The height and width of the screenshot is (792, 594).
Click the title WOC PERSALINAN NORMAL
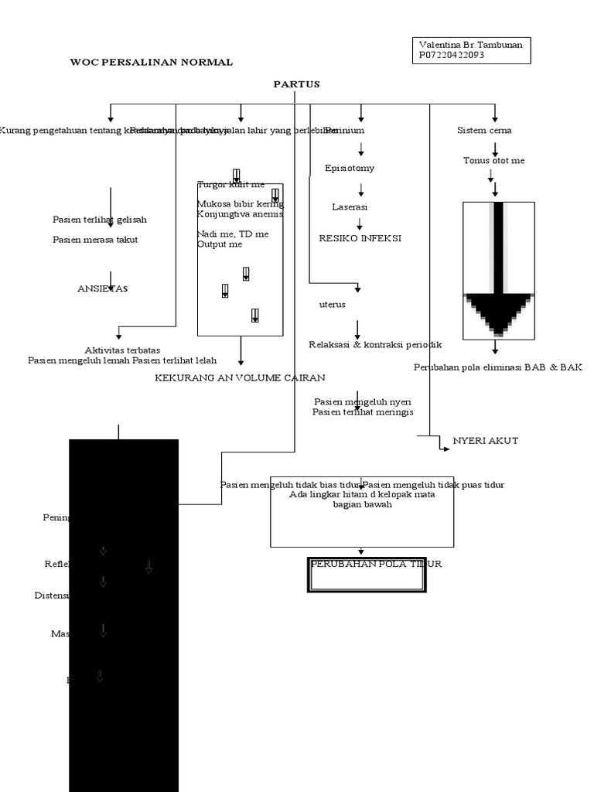pos(151,62)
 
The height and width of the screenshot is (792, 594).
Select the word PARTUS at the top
pos(296,84)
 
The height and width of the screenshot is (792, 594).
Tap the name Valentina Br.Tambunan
pos(470,45)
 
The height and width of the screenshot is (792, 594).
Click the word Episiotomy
pos(350,168)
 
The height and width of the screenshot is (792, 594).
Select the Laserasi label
pos(350,207)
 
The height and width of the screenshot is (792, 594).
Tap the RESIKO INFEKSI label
pos(360,238)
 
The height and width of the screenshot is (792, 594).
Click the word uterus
pos(333,304)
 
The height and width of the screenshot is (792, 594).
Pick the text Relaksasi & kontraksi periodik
pos(375,344)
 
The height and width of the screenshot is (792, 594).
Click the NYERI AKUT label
pos(485,441)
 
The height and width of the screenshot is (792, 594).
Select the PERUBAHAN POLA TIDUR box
pos(367,574)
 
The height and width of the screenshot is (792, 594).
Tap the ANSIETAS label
pos(102,288)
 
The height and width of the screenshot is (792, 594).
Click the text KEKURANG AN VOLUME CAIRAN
pos(240,377)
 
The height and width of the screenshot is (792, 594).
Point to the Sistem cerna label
pos(484,131)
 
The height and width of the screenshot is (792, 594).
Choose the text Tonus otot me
pos(493,161)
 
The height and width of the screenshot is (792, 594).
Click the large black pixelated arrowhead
pos(498,313)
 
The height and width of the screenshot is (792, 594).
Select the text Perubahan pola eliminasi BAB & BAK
pos(497,367)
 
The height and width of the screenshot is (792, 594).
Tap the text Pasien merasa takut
pos(95,240)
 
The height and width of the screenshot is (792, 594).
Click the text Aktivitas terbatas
pos(122,350)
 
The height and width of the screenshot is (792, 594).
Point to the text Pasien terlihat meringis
pos(363,412)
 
